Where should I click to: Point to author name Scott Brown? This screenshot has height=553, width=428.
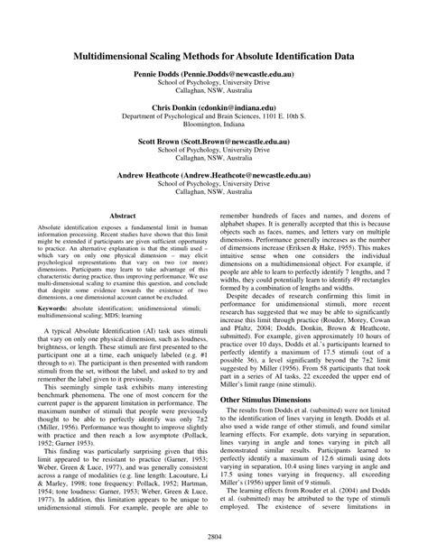click(162, 143)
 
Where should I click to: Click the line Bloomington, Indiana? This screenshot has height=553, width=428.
click(214, 125)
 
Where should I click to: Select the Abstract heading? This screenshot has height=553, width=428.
click(123, 217)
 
